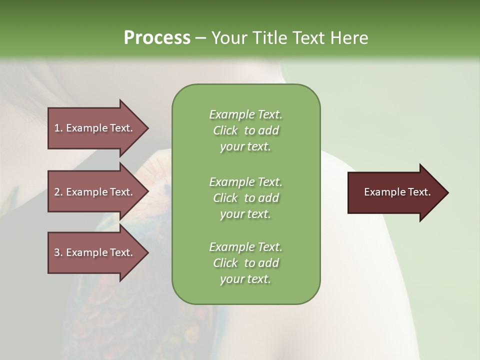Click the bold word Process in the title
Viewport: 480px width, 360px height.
coord(157,38)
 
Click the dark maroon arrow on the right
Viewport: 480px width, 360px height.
coord(395,192)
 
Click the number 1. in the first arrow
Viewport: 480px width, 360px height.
coord(58,128)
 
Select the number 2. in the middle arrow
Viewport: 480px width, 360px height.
coord(58,192)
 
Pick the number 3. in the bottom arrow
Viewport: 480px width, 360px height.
coord(58,252)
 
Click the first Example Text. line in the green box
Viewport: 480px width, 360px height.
coord(245,114)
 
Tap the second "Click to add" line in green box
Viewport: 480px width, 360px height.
coord(245,198)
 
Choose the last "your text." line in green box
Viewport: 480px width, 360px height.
coord(245,279)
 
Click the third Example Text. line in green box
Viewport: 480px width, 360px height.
coord(245,247)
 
